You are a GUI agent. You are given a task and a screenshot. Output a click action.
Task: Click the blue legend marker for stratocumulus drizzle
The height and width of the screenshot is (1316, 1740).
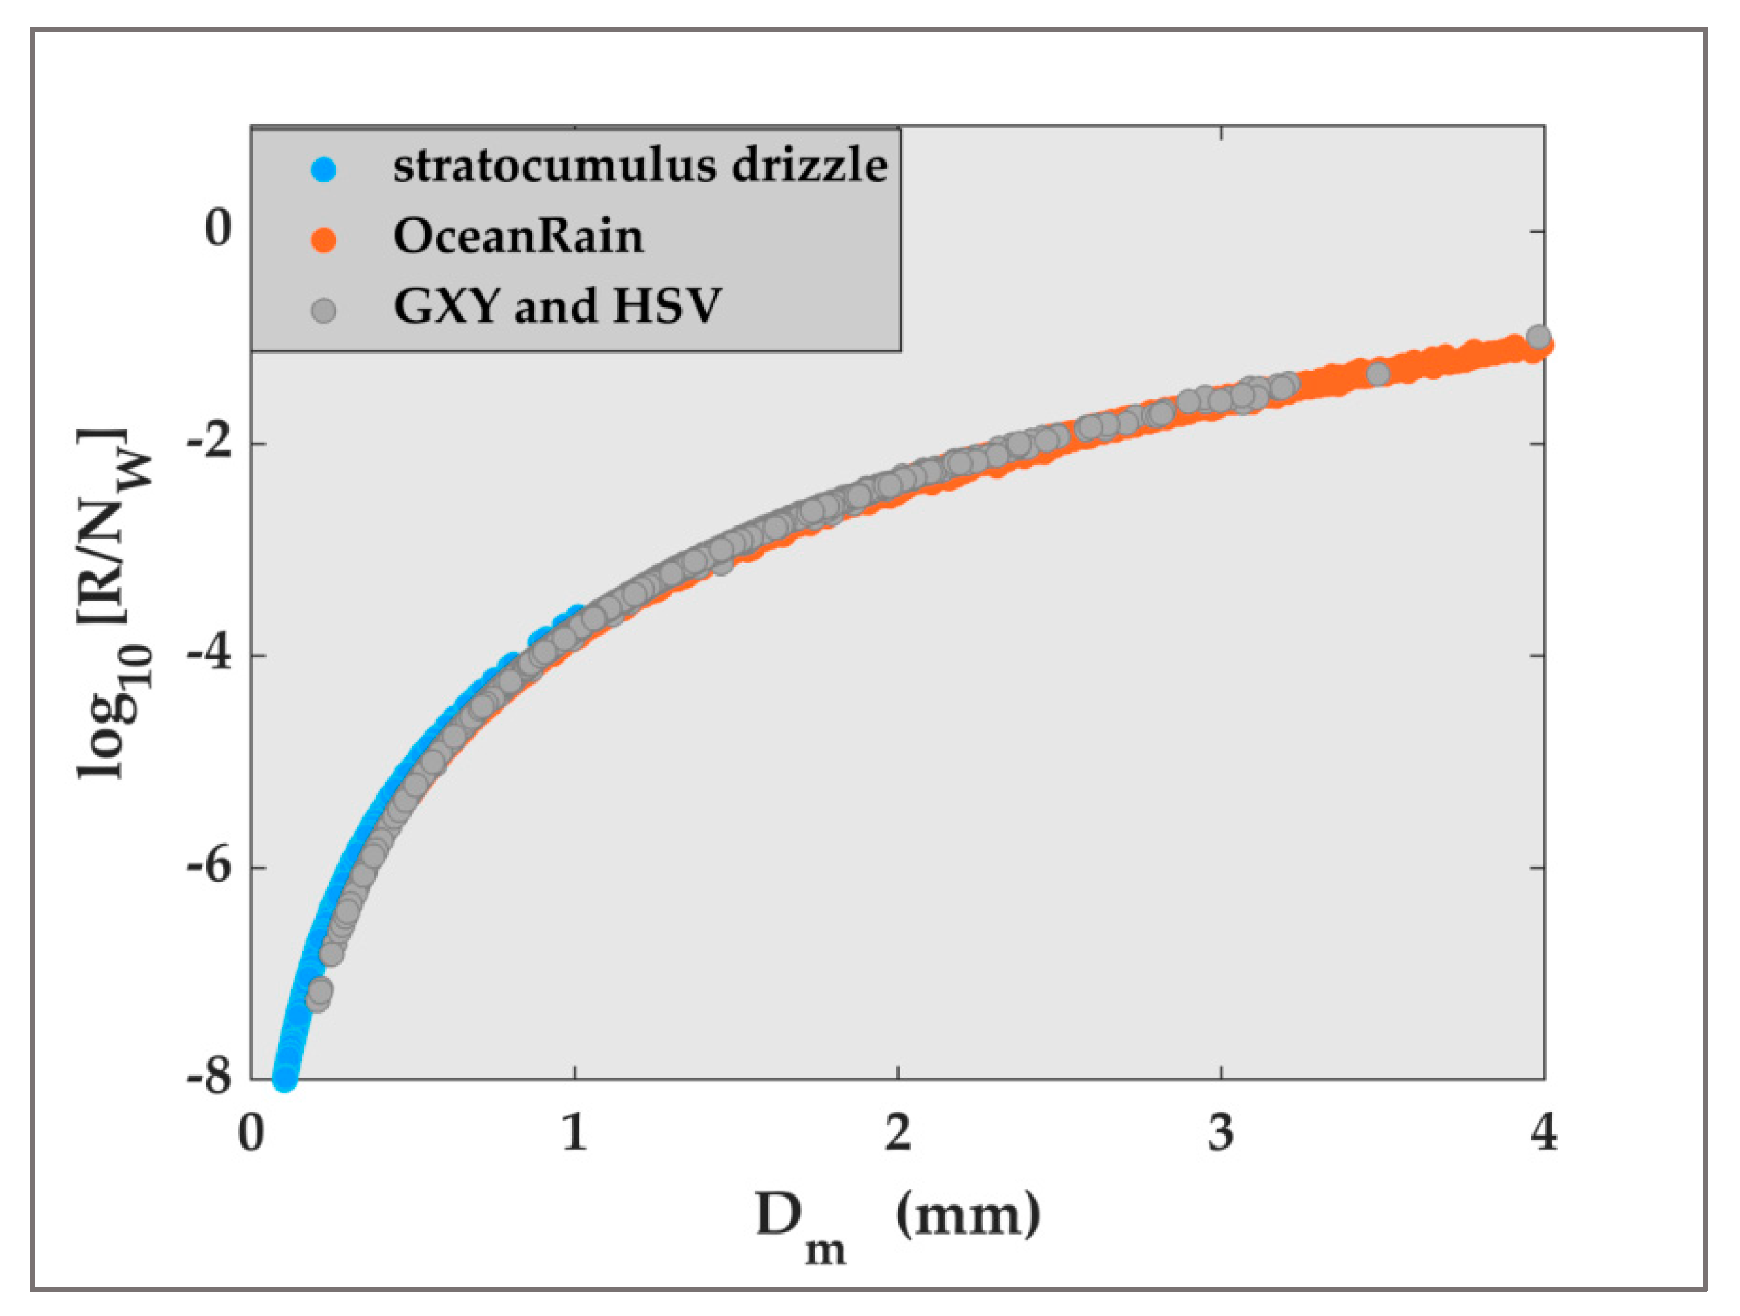pyautogui.click(x=323, y=170)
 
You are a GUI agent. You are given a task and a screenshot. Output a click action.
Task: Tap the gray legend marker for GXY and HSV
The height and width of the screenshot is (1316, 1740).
pyautogui.click(x=323, y=310)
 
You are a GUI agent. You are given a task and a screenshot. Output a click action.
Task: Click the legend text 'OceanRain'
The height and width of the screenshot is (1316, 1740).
pyautogui.click(x=518, y=236)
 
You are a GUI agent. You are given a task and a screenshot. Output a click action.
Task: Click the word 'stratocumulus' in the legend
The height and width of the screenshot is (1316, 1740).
pyautogui.click(x=554, y=166)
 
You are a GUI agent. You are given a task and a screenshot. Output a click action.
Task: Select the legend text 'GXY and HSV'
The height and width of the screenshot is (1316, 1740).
pyautogui.click(x=556, y=306)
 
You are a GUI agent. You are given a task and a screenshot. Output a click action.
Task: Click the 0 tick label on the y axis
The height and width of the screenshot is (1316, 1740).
pyautogui.click(x=218, y=229)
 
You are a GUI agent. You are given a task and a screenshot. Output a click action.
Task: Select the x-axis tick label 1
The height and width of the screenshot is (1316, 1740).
pyautogui.click(x=575, y=1134)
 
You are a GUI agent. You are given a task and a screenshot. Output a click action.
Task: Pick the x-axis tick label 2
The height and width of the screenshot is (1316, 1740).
pyautogui.click(x=898, y=1134)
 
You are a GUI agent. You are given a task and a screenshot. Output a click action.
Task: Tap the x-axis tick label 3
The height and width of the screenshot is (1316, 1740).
pyautogui.click(x=1221, y=1134)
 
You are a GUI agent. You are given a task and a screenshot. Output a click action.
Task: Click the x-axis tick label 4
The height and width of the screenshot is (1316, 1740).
pyautogui.click(x=1544, y=1134)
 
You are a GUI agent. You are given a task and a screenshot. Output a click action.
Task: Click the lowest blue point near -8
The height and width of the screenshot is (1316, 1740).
pyautogui.click(x=284, y=1078)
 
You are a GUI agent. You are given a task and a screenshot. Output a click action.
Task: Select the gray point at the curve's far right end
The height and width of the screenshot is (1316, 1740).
pyautogui.click(x=1538, y=337)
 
